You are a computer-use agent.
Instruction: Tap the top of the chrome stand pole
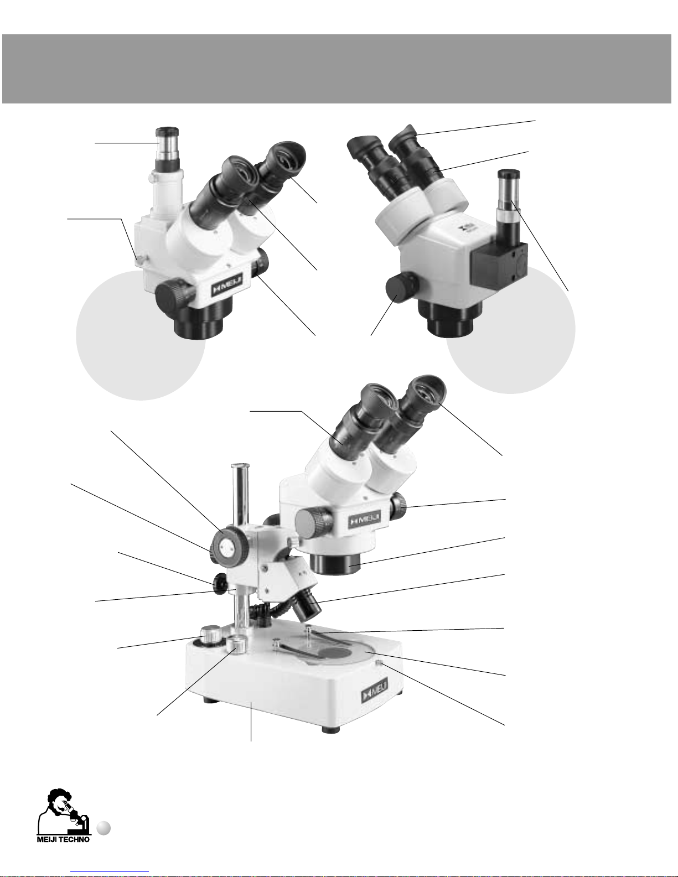239,466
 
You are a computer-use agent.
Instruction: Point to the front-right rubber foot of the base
331,729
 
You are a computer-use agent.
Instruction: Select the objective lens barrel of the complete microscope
336,564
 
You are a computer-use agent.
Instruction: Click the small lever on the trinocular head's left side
138,260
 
